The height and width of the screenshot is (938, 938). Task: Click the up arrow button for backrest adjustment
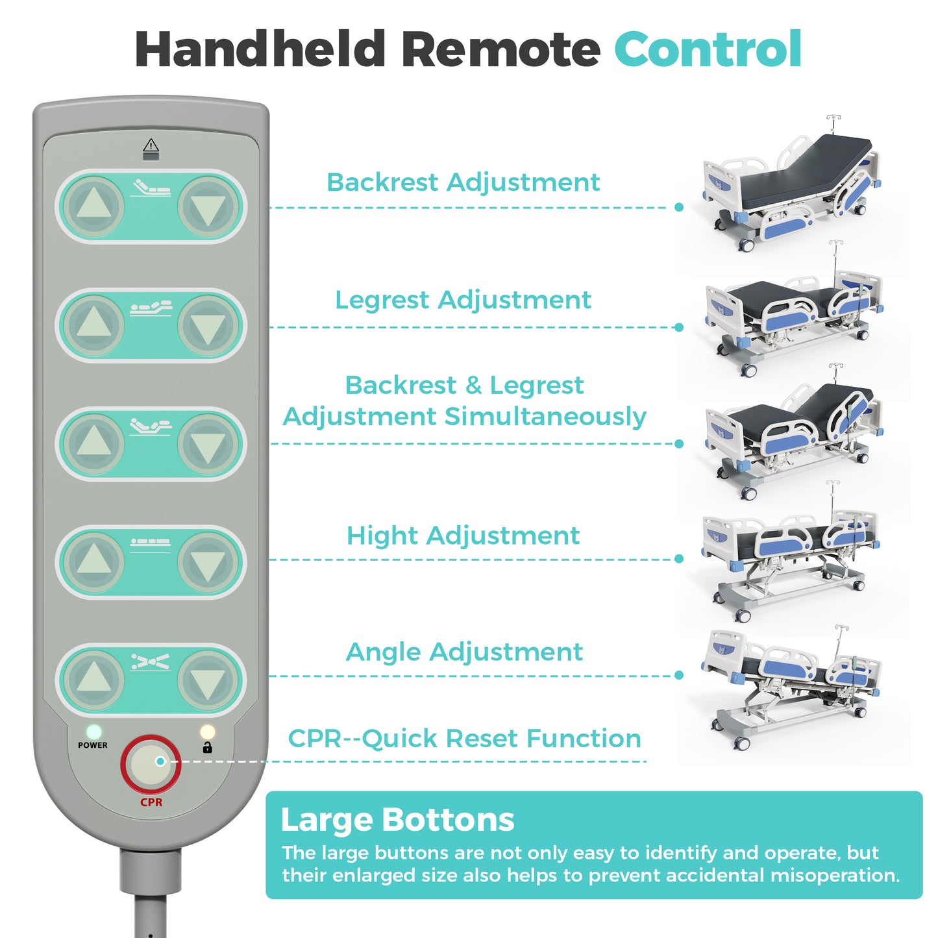coord(94,206)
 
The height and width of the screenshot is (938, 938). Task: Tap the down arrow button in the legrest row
coord(208,326)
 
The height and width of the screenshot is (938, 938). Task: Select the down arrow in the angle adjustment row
coord(208,680)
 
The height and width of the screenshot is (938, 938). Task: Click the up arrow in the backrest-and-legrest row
coord(94,444)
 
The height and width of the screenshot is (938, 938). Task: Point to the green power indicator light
coord(93,731)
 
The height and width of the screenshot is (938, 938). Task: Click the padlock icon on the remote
coord(207,747)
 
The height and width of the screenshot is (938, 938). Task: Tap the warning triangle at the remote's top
coord(151,145)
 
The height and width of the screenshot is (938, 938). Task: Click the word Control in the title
coord(708,49)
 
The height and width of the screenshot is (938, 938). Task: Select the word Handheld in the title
coord(260,49)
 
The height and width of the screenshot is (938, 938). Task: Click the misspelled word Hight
coord(382,536)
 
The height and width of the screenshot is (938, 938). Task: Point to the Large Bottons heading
coord(397,819)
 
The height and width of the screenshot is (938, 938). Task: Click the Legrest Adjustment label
coord(463,300)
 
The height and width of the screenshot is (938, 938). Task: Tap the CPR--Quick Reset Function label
coord(464,738)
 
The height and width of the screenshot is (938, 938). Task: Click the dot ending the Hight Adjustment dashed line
coord(679,559)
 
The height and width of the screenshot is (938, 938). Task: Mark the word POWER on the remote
coord(92,745)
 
